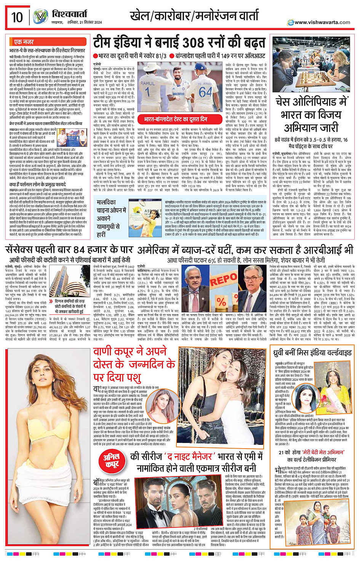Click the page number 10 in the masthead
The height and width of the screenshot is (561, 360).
tap(17, 17)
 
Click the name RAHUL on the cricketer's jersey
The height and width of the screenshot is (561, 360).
tap(147, 83)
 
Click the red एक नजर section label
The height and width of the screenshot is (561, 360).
tap(24, 42)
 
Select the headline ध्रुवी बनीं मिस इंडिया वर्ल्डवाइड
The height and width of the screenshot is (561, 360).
tap(312, 353)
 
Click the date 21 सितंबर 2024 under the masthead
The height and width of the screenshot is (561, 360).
tap(88, 22)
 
